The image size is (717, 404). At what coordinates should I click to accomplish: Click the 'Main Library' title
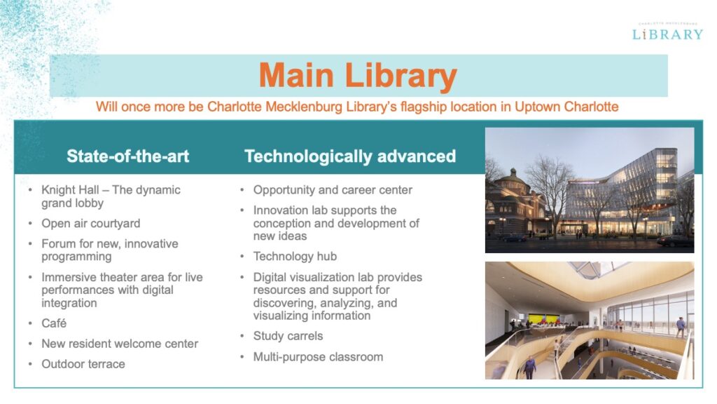[x=358, y=76]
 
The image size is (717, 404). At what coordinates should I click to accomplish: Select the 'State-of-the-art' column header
[x=127, y=156]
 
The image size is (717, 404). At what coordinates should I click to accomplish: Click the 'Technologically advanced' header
[x=350, y=156]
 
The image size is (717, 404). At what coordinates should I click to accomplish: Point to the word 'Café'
[x=54, y=323]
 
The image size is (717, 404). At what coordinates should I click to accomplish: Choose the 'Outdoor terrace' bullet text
[x=83, y=364]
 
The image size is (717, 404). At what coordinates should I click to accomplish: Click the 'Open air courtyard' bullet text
[x=91, y=223]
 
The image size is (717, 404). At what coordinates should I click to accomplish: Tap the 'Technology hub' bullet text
[x=295, y=256]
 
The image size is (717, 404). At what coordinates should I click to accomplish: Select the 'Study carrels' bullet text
[x=288, y=336]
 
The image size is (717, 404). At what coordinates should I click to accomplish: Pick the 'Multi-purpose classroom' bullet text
[x=319, y=357]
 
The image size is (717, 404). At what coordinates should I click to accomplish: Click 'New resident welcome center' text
[x=120, y=344]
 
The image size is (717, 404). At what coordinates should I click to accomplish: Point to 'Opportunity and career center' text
[x=333, y=189]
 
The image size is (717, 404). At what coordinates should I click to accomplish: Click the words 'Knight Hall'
[x=70, y=189]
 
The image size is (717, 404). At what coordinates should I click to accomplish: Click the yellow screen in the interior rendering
[x=543, y=318]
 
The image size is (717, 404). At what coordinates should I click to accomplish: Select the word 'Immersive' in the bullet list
[x=68, y=277]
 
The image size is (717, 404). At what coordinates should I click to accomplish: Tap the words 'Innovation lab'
[x=291, y=210]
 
